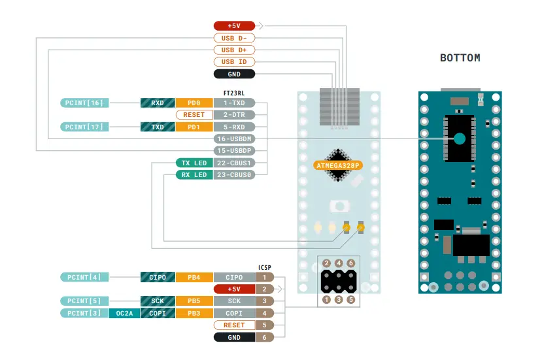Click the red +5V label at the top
(x=235, y=25)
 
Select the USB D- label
(x=235, y=38)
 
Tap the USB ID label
(x=235, y=62)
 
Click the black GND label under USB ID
(x=235, y=74)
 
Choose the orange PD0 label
(x=194, y=103)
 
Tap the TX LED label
(x=194, y=163)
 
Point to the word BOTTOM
(x=460, y=58)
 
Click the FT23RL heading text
(x=234, y=93)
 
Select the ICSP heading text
(x=264, y=267)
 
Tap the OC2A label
(x=124, y=314)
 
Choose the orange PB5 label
(x=194, y=301)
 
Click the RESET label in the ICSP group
(x=234, y=325)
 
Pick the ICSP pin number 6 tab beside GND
(x=264, y=337)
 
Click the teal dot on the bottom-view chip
(x=460, y=139)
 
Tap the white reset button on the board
(x=339, y=206)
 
